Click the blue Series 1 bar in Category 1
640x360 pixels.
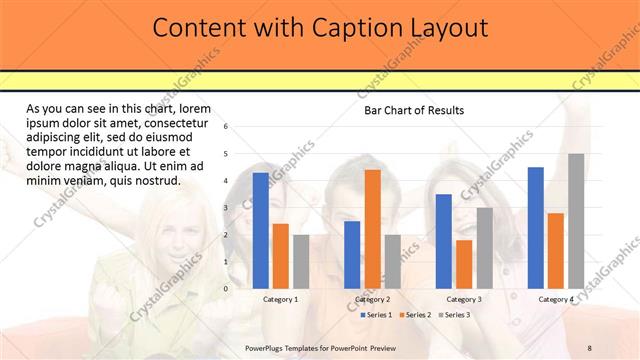(260, 230)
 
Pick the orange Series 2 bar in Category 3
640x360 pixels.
(464, 263)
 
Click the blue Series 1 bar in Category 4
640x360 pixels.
(535, 227)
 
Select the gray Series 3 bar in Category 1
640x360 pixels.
(301, 261)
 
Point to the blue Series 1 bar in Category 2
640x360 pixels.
(352, 254)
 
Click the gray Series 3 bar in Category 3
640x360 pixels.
(484, 247)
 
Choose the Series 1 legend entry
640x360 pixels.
(376, 315)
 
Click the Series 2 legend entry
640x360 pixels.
(416, 315)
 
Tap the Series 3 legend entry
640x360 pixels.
(455, 315)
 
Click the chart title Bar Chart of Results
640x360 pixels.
(413, 110)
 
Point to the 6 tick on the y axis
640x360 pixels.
(227, 127)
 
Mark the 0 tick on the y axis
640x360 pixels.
(227, 288)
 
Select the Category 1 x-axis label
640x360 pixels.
(280, 299)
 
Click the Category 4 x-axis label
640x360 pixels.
(556, 299)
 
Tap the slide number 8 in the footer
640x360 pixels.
(589, 347)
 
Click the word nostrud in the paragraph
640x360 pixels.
(155, 181)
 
